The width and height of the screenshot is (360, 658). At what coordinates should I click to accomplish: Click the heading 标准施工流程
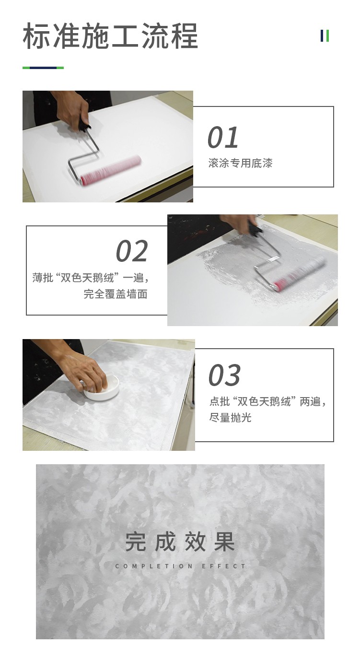[110, 36]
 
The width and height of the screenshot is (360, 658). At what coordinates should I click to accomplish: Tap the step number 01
[223, 138]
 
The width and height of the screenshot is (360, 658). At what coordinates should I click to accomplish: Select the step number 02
[132, 252]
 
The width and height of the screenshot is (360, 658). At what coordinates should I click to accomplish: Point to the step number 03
[224, 376]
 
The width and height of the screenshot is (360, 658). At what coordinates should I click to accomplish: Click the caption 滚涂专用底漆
[240, 164]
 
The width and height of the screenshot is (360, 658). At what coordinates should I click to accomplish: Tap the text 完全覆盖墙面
[116, 294]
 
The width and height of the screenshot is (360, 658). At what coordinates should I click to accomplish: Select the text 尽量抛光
[230, 418]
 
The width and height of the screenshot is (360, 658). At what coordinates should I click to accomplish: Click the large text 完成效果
[180, 541]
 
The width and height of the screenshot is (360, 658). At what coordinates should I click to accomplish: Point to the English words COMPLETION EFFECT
[180, 566]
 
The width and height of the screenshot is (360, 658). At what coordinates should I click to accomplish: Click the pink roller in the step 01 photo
[111, 170]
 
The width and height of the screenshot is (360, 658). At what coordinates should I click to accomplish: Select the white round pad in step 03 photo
[101, 388]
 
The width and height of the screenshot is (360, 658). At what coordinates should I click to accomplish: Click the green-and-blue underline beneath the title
[43, 68]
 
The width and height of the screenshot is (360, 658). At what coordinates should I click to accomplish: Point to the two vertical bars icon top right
[325, 36]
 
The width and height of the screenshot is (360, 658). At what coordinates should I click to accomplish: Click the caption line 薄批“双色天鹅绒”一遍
[90, 278]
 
